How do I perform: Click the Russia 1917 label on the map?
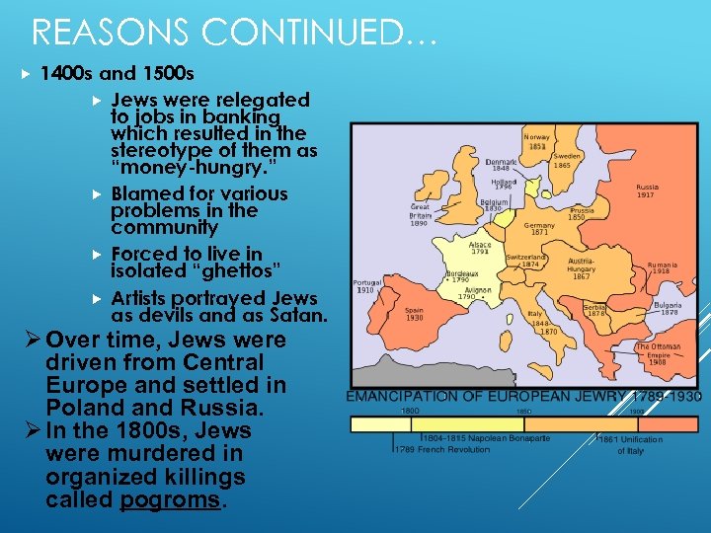[647, 190]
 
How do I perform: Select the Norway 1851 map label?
[537, 141]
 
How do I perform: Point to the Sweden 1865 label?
[567, 160]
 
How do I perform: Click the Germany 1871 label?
[540, 228]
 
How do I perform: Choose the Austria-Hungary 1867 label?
[581, 269]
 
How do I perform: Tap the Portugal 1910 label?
[366, 285]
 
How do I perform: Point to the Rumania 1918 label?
[663, 269]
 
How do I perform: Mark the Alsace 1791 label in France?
[480, 248]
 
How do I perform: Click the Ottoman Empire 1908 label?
[658, 354]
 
